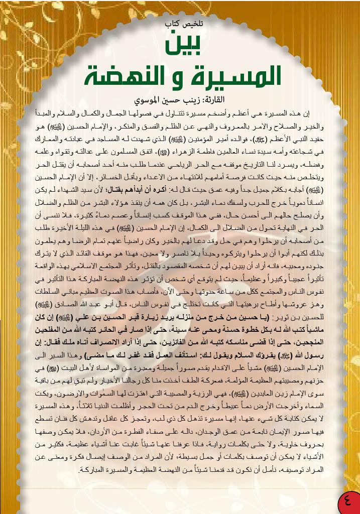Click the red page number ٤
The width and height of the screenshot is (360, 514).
click(x=347, y=501)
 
